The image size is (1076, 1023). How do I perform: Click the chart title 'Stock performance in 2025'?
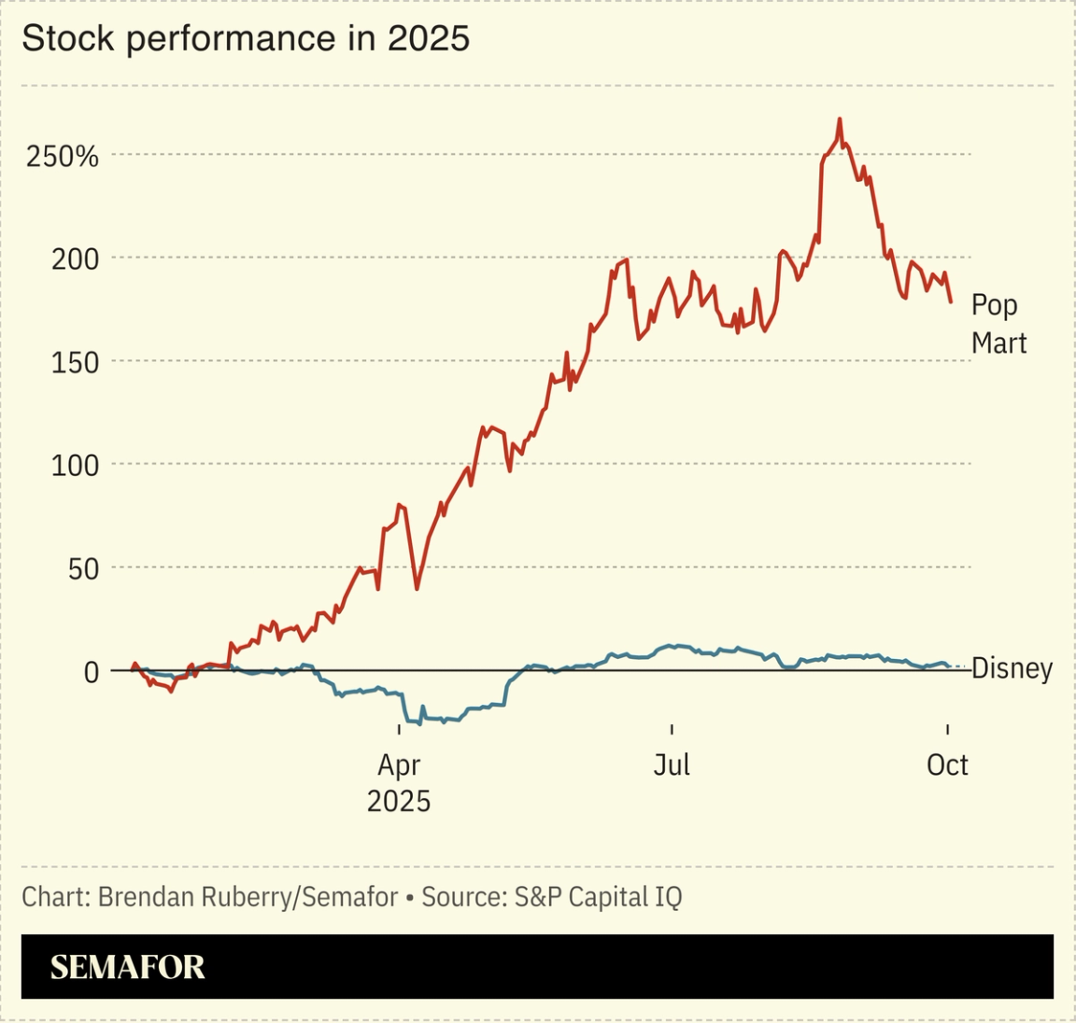pos(245,38)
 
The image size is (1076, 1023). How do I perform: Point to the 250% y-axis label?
pos(62,156)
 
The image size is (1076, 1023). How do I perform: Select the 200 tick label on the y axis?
pos(74,259)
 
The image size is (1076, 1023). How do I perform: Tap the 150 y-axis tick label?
pos(74,362)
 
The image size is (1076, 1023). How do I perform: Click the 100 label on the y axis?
pos(74,465)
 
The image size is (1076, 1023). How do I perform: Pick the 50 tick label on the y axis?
pos(82,568)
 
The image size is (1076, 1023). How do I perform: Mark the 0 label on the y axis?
pos(91,672)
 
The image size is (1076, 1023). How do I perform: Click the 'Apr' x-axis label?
pos(399,765)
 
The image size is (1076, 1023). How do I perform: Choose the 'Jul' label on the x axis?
pos(672,765)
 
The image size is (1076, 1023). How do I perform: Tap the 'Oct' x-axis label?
pos(947,765)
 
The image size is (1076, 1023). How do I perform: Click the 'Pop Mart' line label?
pos(998,324)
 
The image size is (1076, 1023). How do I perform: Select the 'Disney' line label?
pos(1012,668)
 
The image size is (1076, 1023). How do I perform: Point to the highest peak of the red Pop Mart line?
pos(840,119)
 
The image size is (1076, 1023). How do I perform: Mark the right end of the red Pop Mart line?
pos(951,301)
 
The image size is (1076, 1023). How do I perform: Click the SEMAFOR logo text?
pos(127,967)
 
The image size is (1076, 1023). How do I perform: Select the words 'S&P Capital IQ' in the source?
pos(598,897)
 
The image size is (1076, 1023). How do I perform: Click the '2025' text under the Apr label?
pos(399,801)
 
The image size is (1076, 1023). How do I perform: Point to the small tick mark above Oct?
pos(948,730)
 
